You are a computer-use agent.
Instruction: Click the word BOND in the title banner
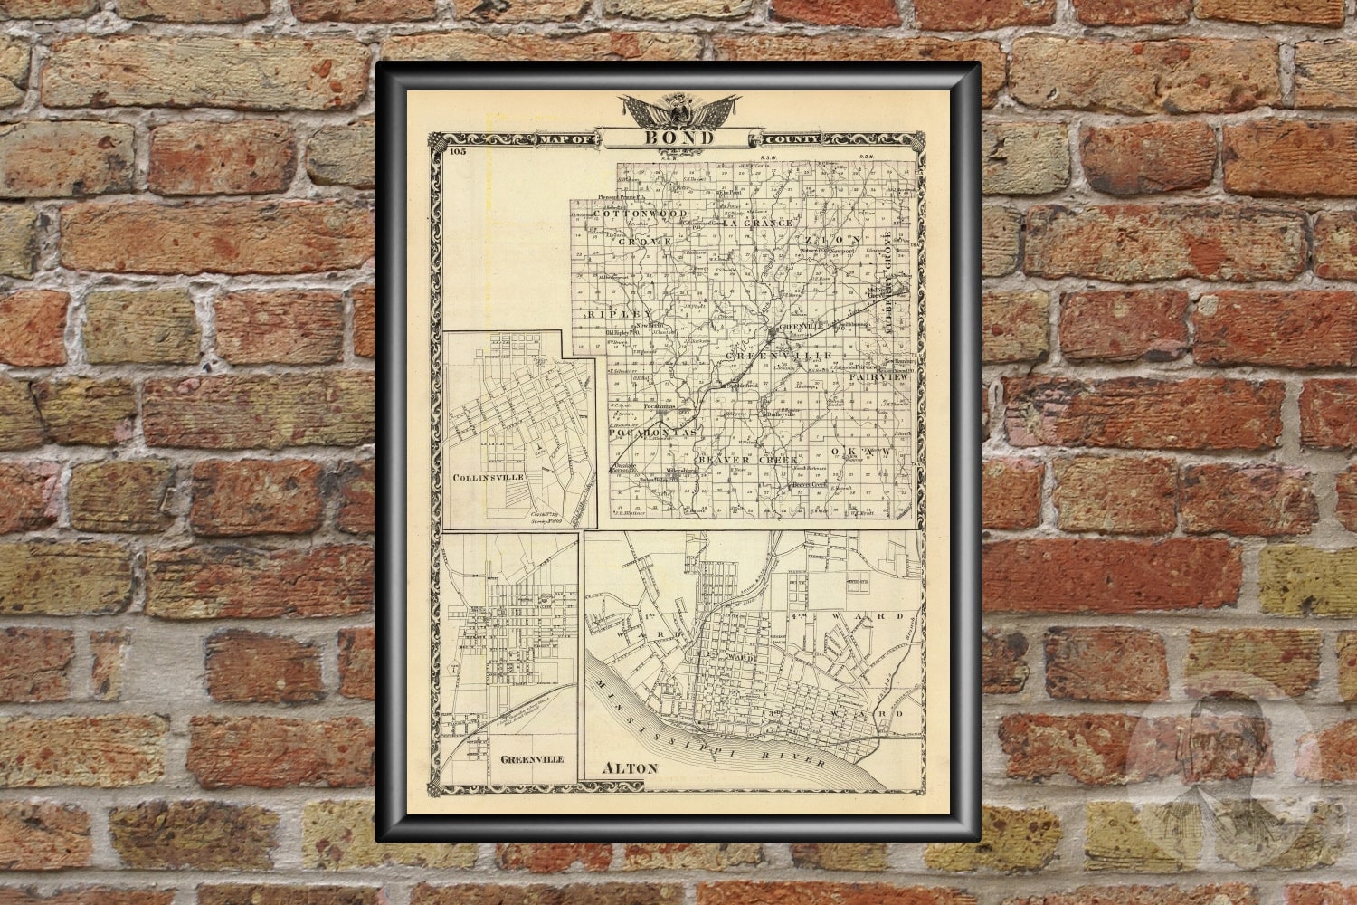pyautogui.click(x=678, y=138)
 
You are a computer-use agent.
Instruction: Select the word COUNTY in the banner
pyautogui.click(x=792, y=139)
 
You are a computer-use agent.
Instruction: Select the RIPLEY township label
pyautogui.click(x=606, y=314)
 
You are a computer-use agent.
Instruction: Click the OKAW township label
pyautogui.click(x=870, y=450)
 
